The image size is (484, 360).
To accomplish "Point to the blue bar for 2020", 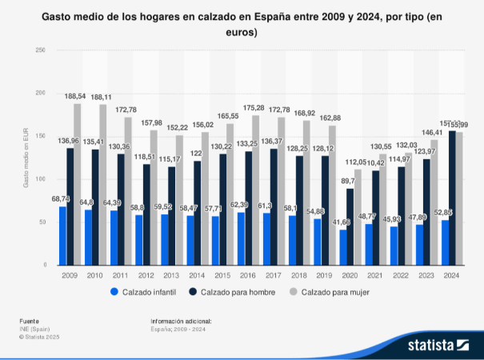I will pos(342,247).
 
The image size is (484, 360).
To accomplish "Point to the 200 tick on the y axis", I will pos(39,93).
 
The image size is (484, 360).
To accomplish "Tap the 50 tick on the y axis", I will pos(41,222).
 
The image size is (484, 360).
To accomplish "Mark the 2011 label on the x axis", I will pos(121,274).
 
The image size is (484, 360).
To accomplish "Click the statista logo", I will pos(437,345).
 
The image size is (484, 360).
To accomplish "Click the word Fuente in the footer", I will pos(28,320).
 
